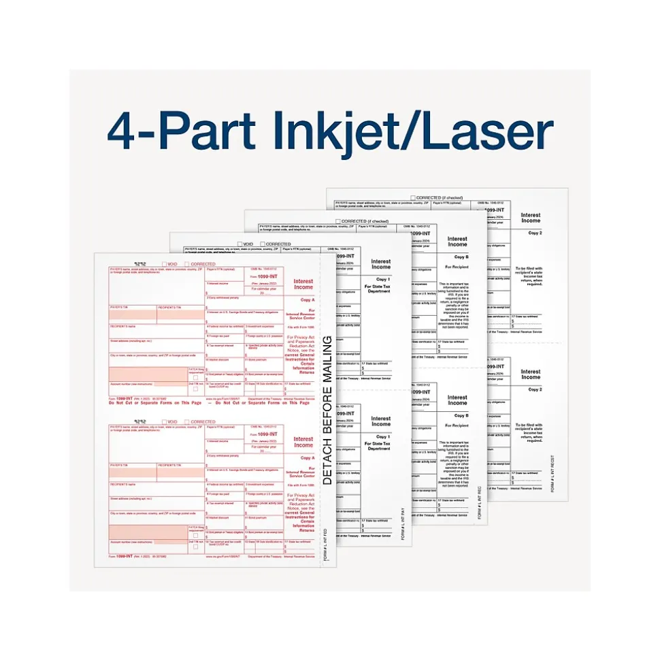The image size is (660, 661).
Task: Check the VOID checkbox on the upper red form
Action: tap(163, 264)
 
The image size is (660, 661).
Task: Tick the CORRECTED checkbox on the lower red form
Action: tap(186, 422)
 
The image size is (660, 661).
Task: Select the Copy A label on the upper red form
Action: tap(308, 300)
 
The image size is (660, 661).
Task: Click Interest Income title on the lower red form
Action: tap(303, 442)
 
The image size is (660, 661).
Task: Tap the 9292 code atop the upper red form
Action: tap(141, 263)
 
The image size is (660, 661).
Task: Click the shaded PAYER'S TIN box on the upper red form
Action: tap(133, 315)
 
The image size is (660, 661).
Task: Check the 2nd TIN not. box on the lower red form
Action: tap(196, 546)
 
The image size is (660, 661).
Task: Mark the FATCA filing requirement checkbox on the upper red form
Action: tap(196, 376)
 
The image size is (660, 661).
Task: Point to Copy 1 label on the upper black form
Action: tap(382, 279)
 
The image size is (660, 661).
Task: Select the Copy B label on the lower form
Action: tap(461, 415)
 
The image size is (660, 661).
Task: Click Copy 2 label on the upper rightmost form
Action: tap(535, 232)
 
